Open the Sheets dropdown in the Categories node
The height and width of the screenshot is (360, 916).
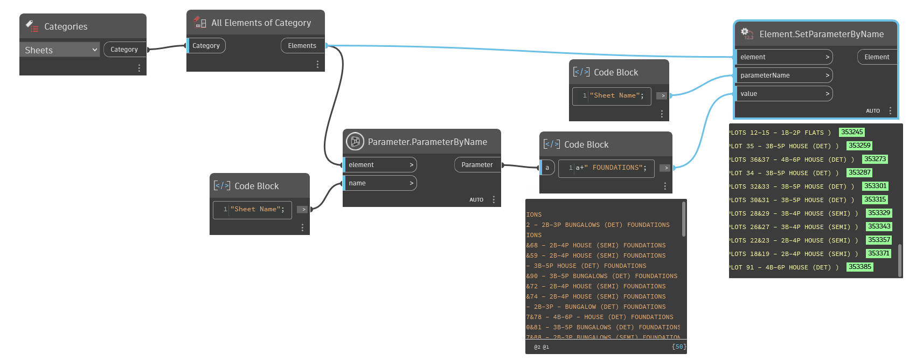click(60, 50)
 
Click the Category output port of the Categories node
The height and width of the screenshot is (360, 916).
click(124, 50)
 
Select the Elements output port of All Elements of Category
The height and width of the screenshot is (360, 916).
click(302, 46)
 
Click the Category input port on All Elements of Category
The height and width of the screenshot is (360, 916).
click(206, 46)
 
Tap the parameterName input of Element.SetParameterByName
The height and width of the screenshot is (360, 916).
click(783, 75)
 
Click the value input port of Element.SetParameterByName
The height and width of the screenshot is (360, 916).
click(783, 94)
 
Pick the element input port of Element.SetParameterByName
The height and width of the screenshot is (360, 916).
click(783, 57)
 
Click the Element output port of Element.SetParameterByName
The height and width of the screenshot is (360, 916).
click(877, 57)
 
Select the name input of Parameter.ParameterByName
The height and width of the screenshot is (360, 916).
click(380, 183)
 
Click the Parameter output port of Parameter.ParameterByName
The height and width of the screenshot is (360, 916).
click(477, 165)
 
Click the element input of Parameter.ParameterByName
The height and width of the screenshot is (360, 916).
click(380, 165)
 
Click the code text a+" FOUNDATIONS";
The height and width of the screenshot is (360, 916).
click(610, 168)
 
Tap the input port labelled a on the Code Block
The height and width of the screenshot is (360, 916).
click(547, 168)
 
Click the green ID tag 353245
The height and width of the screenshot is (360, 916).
click(852, 132)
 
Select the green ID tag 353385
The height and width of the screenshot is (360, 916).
click(859, 267)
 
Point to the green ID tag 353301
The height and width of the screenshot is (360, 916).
click(875, 186)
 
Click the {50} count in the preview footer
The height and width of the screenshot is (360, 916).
click(679, 347)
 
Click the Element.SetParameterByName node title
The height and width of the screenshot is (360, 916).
click(821, 34)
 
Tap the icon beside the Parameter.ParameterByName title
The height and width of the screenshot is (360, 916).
click(355, 142)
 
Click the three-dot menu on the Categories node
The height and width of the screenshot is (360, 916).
click(139, 68)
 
